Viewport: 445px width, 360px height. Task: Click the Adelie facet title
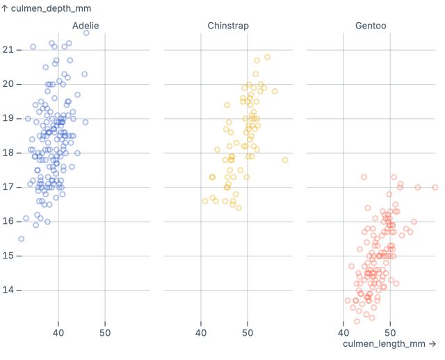click(x=86, y=26)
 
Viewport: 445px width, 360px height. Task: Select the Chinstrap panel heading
click(x=228, y=26)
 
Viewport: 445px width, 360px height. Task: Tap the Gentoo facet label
click(x=371, y=26)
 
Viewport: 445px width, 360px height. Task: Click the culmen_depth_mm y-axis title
click(x=46, y=8)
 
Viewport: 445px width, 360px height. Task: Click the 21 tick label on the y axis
click(x=8, y=49)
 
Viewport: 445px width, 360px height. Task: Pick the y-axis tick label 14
click(x=8, y=290)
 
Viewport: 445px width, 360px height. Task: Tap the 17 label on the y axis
click(x=8, y=187)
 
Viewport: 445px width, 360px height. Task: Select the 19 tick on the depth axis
click(x=8, y=118)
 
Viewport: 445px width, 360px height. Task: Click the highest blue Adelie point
click(x=86, y=33)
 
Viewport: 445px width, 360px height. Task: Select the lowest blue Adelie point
click(x=21, y=238)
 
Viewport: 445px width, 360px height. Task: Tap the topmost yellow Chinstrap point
click(x=267, y=57)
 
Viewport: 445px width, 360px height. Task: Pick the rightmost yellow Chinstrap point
click(x=285, y=160)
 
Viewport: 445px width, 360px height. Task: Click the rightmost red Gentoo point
click(x=435, y=187)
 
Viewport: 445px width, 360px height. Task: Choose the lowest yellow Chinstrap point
click(x=238, y=208)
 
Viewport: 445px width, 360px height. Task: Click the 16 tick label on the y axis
click(x=8, y=221)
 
